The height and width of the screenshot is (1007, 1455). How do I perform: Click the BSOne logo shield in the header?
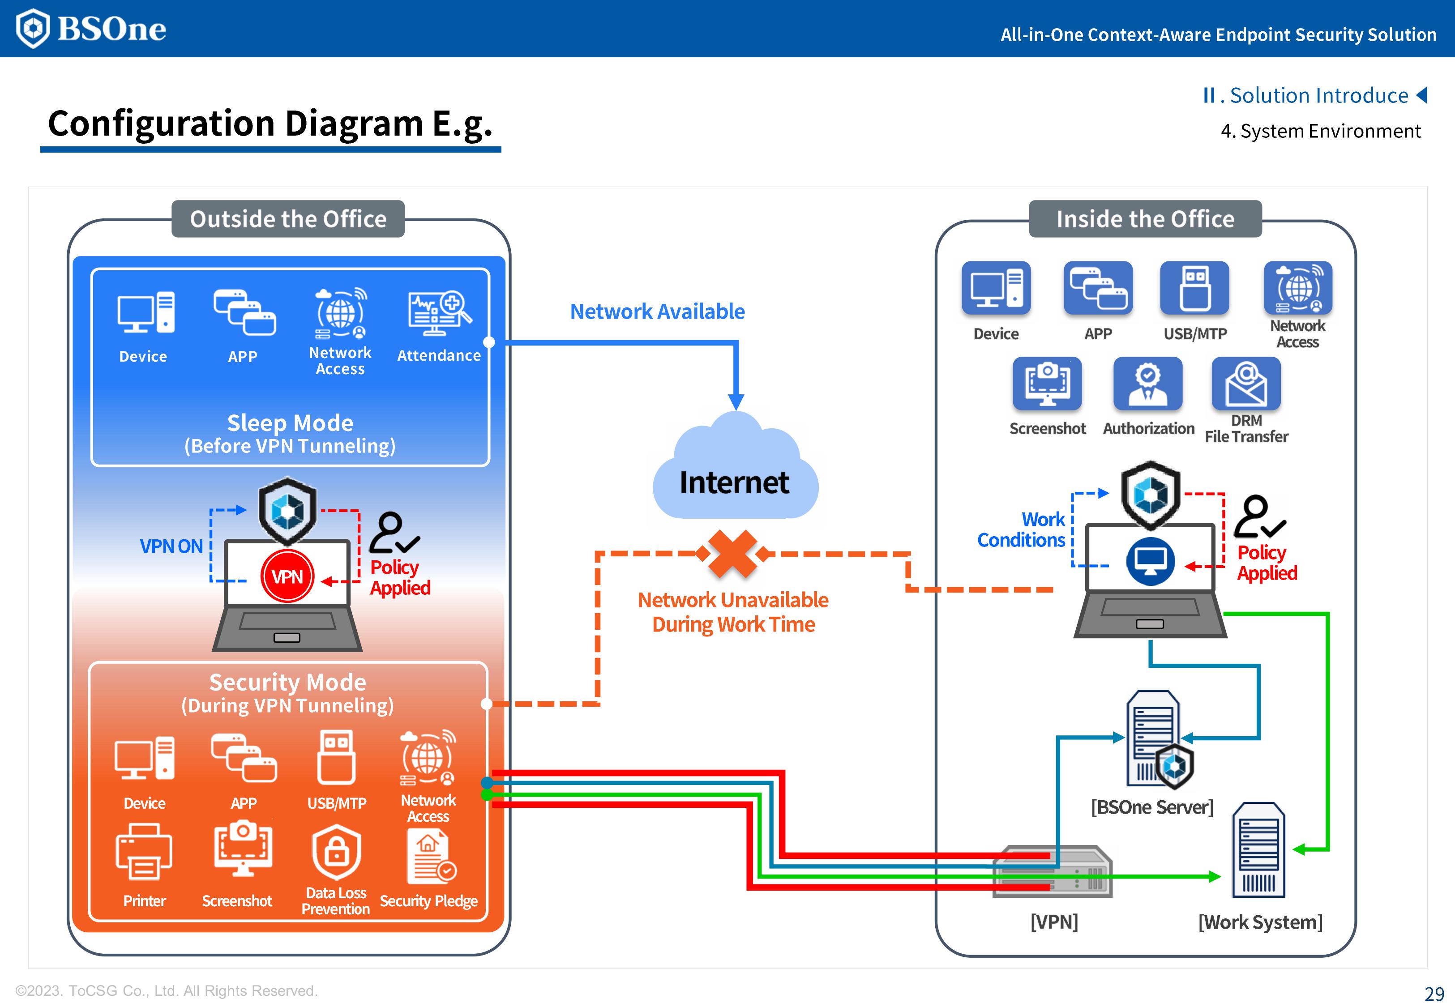coord(32,28)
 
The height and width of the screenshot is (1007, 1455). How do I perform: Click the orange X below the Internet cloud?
coord(732,554)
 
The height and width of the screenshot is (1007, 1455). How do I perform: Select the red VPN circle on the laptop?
coord(287,576)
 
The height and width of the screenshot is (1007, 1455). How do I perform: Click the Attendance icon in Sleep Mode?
coord(439,314)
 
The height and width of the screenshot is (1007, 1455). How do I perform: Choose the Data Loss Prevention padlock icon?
coord(336,853)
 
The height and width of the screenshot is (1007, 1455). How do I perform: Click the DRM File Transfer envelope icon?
coord(1246,384)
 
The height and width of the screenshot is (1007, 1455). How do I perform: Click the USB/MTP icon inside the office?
coord(1194,288)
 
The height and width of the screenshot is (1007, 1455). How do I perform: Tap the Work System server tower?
coord(1258,849)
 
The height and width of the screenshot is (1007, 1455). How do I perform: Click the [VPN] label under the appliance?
coord(1054,922)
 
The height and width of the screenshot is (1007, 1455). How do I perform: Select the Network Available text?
coord(658,311)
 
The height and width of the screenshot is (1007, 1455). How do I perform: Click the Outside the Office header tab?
coord(288,219)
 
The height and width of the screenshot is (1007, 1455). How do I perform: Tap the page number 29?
coord(1434,994)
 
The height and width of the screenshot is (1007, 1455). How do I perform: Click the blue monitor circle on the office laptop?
coord(1150,561)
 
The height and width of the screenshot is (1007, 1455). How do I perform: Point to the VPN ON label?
coord(171,546)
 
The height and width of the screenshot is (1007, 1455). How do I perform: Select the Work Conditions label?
coord(1022,530)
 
